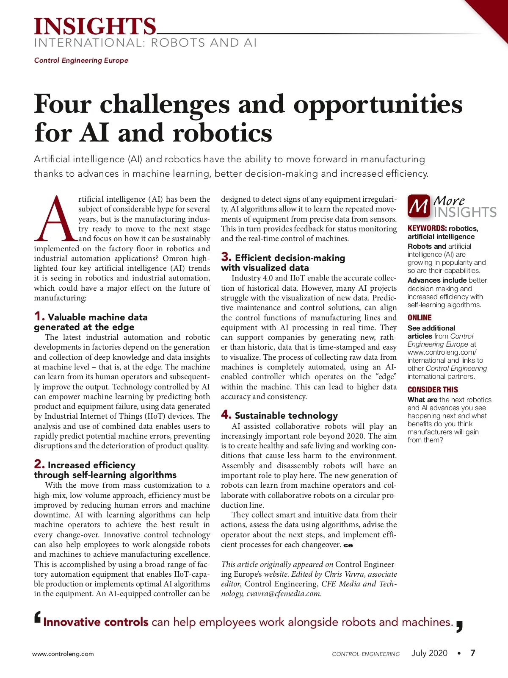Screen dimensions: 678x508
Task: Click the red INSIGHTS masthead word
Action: [95, 26]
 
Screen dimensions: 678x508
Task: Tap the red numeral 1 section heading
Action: [39, 316]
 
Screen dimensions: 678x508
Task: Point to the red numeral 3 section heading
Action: [226, 257]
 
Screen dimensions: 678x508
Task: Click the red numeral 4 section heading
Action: [226, 414]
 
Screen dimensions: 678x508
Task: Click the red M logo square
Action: [418, 206]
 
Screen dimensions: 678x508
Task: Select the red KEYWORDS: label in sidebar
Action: [427, 228]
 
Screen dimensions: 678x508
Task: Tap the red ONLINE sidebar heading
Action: [420, 318]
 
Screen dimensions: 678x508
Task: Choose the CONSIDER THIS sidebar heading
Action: [433, 390]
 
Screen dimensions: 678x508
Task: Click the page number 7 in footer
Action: [473, 653]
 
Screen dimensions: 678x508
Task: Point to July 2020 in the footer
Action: [429, 653]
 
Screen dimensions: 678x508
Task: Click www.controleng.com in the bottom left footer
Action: [63, 654]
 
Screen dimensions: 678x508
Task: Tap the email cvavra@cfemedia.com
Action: [284, 594]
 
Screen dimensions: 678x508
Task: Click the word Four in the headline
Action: [63, 104]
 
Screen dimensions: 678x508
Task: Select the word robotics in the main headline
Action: [222, 133]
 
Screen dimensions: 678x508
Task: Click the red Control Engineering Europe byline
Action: [81, 60]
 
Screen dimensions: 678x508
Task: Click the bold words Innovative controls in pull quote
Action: [96, 622]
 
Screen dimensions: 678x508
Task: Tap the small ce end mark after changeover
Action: [348, 545]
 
